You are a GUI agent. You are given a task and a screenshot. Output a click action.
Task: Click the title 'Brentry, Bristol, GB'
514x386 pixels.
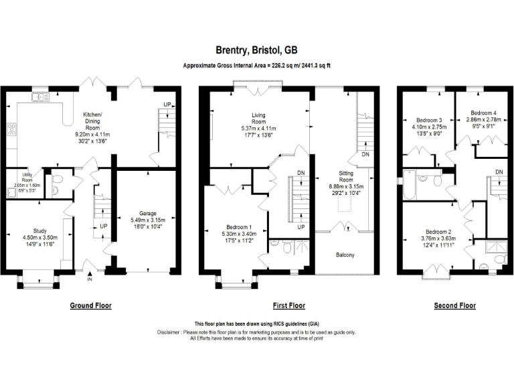tap(256, 50)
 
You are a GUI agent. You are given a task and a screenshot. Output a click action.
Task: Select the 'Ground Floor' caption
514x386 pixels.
tap(91, 306)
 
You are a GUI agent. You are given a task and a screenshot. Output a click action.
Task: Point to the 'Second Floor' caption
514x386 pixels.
tap(455, 306)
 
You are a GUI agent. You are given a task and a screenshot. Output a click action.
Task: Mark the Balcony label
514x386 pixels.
tap(345, 255)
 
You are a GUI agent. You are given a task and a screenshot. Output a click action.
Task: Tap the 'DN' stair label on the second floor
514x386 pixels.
tap(499, 172)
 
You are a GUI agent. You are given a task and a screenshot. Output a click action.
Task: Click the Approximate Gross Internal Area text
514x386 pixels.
tap(256, 66)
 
